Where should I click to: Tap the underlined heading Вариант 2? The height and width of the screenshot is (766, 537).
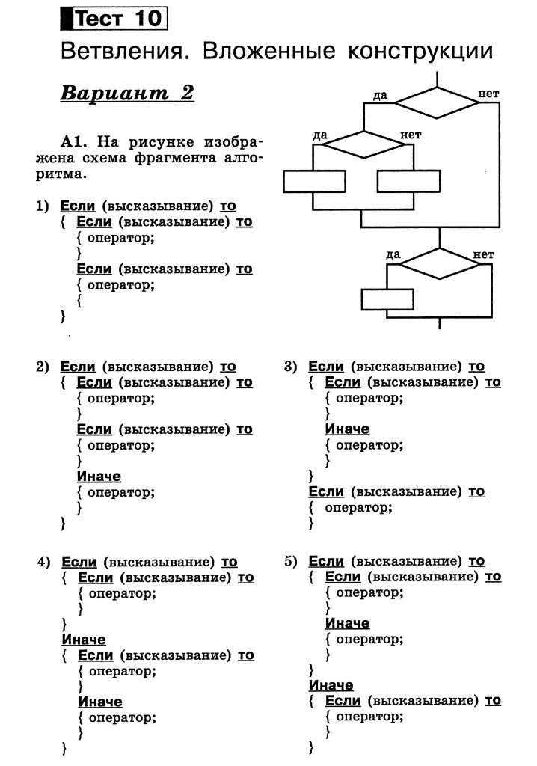click(x=127, y=94)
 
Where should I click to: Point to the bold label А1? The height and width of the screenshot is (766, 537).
click(x=75, y=141)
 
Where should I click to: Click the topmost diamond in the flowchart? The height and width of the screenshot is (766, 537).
click(x=436, y=102)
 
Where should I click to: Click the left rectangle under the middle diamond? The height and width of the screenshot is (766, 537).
click(x=314, y=182)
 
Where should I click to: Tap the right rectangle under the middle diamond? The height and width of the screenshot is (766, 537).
click(x=408, y=182)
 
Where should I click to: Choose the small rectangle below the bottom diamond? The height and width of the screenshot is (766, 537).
click(x=387, y=299)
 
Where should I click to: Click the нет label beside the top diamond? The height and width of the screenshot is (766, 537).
click(x=488, y=94)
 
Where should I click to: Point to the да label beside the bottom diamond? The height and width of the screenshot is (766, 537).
click(x=393, y=254)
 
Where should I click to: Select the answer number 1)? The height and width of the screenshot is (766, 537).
click(x=43, y=206)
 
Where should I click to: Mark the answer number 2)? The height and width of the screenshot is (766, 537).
click(x=43, y=366)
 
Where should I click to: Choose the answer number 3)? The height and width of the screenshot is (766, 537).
click(x=291, y=366)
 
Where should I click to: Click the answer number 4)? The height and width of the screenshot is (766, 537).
click(x=43, y=562)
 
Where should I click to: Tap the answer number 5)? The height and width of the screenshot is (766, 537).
click(x=291, y=561)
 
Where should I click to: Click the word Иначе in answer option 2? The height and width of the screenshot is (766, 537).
click(x=99, y=476)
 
